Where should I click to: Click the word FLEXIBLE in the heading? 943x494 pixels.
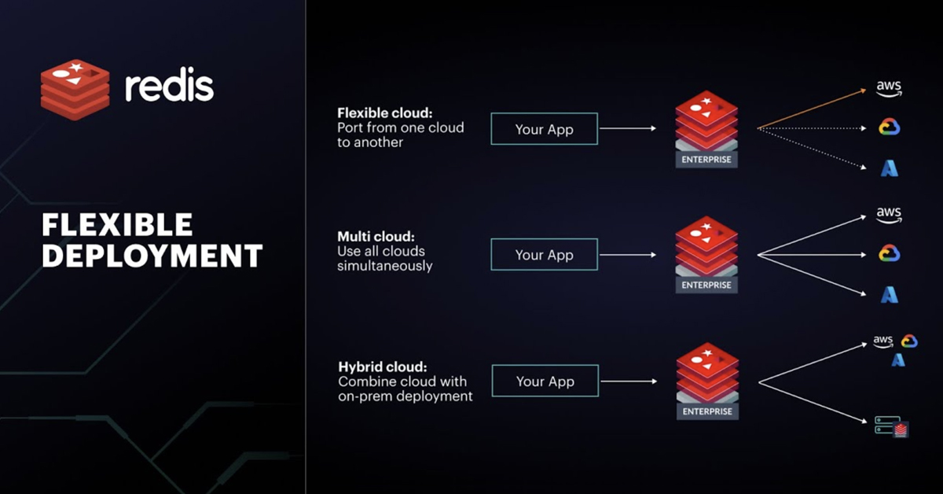coord(117,225)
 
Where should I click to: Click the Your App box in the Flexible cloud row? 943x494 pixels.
coord(544,129)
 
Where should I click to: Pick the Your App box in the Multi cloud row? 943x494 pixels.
coord(544,255)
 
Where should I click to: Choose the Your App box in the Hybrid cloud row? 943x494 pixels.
coord(545,382)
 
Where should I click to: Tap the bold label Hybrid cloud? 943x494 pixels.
coord(383,367)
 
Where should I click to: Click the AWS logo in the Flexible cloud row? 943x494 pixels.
coord(889,89)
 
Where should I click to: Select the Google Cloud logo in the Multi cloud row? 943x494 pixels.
coord(889,254)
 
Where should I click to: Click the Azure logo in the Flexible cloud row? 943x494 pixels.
coord(889,168)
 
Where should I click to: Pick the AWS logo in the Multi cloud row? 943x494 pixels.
coord(889,215)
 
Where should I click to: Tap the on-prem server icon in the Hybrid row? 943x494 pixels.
coord(891,427)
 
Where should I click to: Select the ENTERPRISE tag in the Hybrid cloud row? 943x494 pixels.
coord(706,411)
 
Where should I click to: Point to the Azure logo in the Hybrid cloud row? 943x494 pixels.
coord(898,359)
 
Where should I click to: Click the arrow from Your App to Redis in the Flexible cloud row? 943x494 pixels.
coord(627,128)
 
